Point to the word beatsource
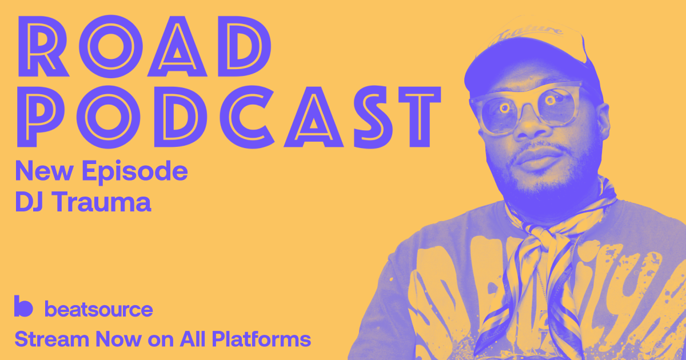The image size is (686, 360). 98,309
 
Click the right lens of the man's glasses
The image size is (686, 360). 555,103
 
